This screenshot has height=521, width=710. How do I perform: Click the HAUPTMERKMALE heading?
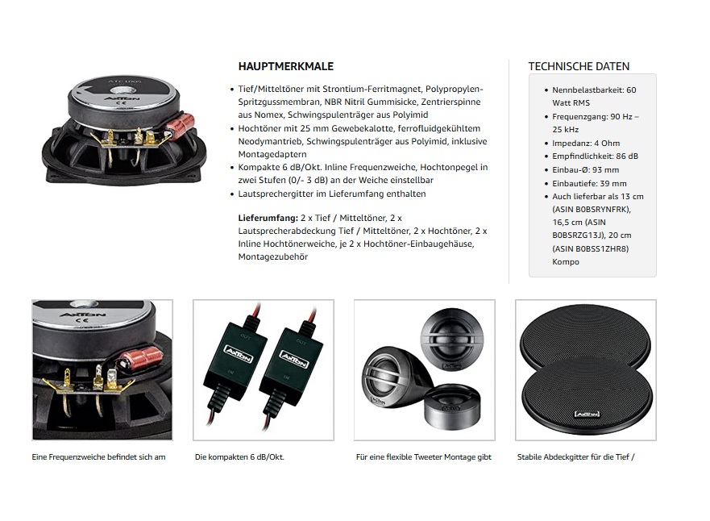tap(285, 67)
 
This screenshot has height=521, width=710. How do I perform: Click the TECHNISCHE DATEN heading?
tap(578, 67)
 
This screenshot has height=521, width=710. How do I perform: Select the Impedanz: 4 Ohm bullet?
tap(586, 143)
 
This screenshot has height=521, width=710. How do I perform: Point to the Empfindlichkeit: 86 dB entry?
tap(595, 156)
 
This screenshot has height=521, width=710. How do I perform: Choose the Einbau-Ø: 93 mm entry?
tap(585, 169)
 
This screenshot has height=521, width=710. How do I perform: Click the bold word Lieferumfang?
tap(268, 219)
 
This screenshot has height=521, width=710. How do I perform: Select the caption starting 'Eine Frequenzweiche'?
tap(98, 457)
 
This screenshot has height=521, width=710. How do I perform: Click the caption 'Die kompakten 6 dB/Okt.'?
tap(239, 457)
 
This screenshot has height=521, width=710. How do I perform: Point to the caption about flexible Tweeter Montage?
tap(423, 457)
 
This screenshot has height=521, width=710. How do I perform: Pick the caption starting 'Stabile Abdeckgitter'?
tap(575, 457)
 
